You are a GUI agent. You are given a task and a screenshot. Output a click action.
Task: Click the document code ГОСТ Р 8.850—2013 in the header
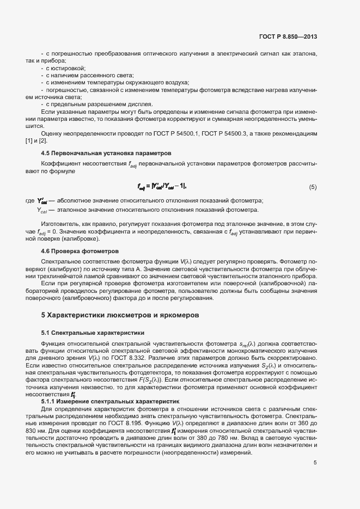click(289, 37)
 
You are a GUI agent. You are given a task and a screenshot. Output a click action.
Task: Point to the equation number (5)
click(313, 187)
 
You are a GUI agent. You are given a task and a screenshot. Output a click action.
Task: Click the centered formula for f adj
click(162, 187)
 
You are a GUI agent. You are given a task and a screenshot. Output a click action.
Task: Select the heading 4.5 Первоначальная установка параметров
click(106, 153)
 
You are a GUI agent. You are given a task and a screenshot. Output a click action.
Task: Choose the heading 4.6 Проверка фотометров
click(80, 251)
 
